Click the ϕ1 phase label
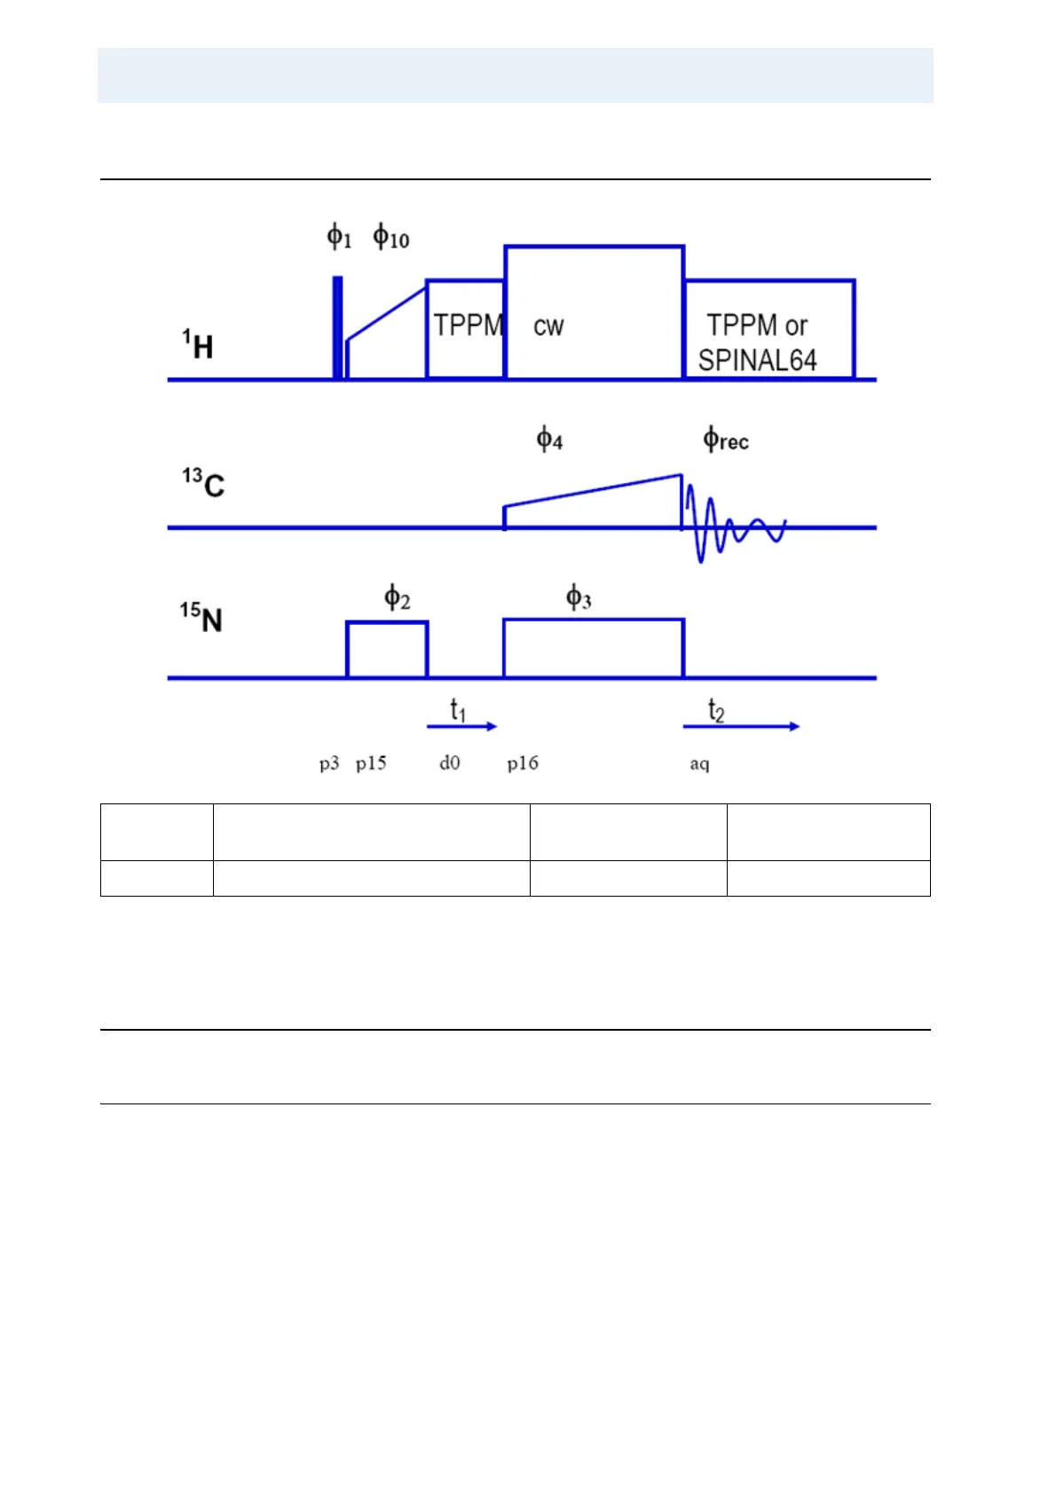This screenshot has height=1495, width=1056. click(x=339, y=237)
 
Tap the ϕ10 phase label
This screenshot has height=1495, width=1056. click(x=390, y=237)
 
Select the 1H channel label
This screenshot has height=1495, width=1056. click(x=199, y=345)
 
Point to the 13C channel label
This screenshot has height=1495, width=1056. click(x=203, y=484)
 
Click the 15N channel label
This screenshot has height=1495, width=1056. click(x=201, y=617)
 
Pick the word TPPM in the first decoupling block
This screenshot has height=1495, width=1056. click(x=468, y=325)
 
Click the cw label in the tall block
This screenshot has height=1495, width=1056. click(x=548, y=327)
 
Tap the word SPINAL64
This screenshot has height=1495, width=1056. click(x=757, y=360)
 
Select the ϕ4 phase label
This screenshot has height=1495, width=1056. click(x=549, y=439)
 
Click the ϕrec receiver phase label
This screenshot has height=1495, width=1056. click(x=725, y=439)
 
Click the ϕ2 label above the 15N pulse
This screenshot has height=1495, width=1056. click(x=397, y=597)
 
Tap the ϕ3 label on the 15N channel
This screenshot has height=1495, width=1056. click(x=579, y=597)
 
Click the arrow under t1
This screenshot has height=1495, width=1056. click(x=461, y=726)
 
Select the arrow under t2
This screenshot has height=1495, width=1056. click(x=741, y=726)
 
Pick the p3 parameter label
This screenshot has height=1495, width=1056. click(x=329, y=763)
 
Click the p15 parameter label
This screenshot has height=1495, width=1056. click(x=371, y=763)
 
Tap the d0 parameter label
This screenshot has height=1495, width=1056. click(x=450, y=763)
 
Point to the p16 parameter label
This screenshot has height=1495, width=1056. click(x=523, y=763)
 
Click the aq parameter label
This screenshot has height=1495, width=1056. click(x=699, y=764)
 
